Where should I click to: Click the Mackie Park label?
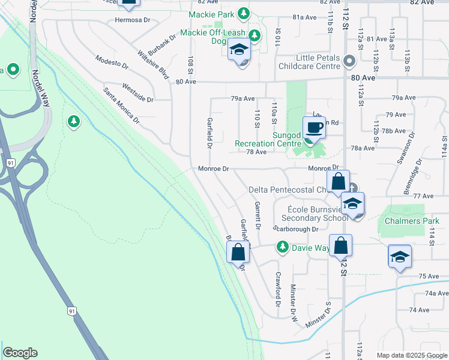[x=212, y=13]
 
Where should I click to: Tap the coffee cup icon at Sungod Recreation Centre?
[x=315, y=127]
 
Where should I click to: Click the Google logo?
[x=20, y=353]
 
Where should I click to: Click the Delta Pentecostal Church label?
[x=288, y=190]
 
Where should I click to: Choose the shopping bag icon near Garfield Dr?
[x=238, y=252]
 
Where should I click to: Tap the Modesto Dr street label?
[x=112, y=61]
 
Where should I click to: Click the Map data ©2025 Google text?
[x=411, y=355]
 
